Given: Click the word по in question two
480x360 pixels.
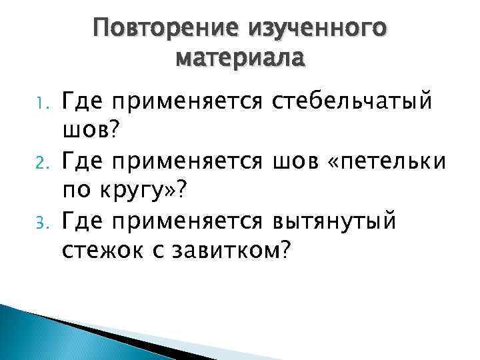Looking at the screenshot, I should pyautogui.click(x=77, y=191).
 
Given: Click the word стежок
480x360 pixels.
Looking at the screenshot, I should pyautogui.click(x=100, y=249).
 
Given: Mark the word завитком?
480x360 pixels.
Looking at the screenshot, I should pyautogui.click(x=231, y=249).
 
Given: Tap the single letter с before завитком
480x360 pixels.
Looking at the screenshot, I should pyautogui.click(x=154, y=251).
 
